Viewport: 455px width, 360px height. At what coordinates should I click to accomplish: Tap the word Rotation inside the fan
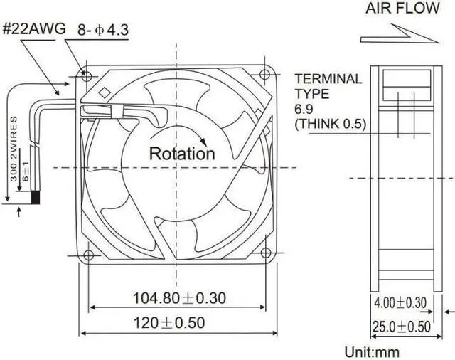click(x=181, y=153)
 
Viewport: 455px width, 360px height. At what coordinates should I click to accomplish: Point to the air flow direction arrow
click(x=398, y=34)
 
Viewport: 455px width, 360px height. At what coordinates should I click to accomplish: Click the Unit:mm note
click(x=372, y=351)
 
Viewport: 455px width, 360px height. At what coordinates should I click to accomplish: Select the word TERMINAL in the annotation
click(x=328, y=78)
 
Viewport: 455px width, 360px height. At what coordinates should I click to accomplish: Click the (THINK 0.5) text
click(x=330, y=124)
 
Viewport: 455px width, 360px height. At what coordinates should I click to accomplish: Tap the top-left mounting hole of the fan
click(x=87, y=73)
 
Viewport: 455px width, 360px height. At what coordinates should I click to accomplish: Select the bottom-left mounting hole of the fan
click(x=88, y=254)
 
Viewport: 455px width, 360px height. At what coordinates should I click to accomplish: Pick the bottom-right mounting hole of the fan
click(x=266, y=253)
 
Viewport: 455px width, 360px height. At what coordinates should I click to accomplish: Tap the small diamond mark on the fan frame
click(x=104, y=91)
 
